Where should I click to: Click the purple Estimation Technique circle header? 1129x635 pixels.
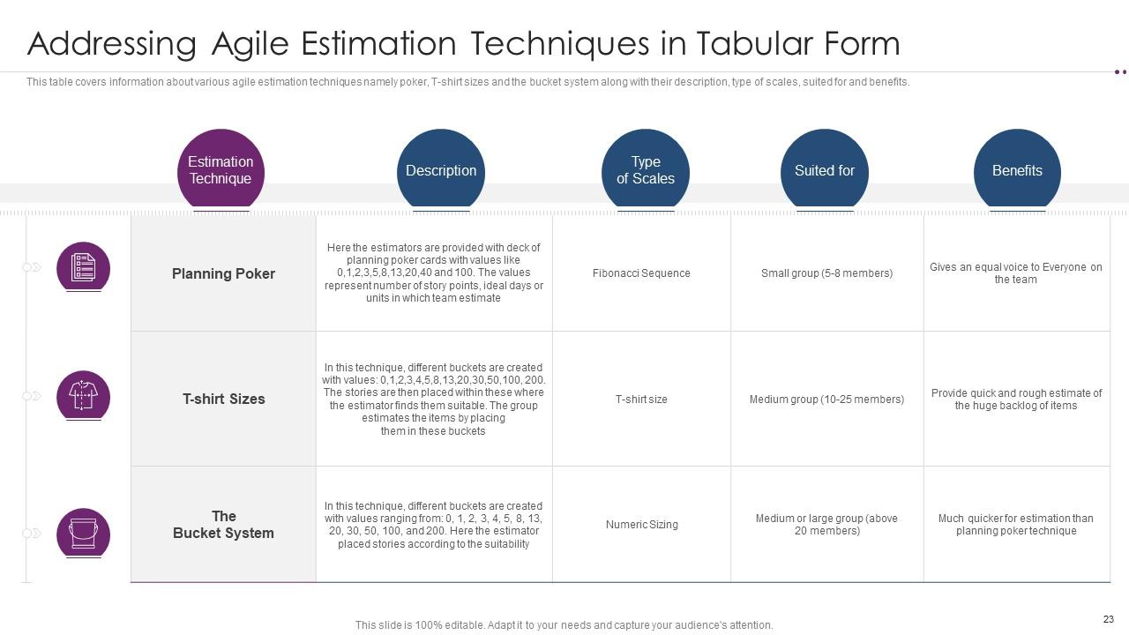[x=221, y=170]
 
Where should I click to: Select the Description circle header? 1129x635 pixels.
[x=441, y=171]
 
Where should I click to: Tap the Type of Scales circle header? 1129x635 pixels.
[x=646, y=171]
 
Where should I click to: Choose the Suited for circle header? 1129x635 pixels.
[x=825, y=171]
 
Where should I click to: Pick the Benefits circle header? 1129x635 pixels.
[x=1017, y=171]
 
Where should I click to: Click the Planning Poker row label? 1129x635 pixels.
[x=223, y=274]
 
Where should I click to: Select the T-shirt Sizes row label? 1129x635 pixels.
[x=223, y=400]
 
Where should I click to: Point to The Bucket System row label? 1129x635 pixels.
[x=223, y=525]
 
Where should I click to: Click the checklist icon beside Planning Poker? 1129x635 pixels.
[x=84, y=267]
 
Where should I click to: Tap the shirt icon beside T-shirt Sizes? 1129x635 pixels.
[x=84, y=396]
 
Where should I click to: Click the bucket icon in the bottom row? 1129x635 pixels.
[x=84, y=534]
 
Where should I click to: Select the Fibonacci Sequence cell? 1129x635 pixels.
[x=641, y=273]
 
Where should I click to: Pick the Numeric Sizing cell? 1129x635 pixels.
[x=641, y=525]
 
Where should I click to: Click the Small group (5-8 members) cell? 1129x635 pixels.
[x=826, y=273]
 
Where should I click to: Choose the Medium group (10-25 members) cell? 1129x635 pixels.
[x=826, y=400]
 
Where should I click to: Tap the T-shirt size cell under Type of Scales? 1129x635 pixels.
[x=641, y=400]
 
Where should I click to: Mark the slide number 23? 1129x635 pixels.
[x=1109, y=619]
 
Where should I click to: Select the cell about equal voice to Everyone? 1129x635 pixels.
[x=1016, y=273]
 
